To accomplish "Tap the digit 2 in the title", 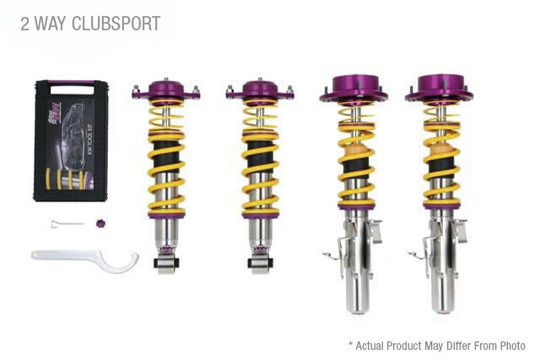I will click(x=25, y=24).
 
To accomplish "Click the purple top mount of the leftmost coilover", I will click(x=165, y=89).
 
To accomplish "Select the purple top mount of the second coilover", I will click(x=259, y=89).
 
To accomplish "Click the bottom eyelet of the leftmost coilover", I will click(x=165, y=264).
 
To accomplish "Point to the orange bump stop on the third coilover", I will click(x=352, y=155).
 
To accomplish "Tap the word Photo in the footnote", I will click(x=509, y=346).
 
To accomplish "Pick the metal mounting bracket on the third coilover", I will click(x=336, y=244).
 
